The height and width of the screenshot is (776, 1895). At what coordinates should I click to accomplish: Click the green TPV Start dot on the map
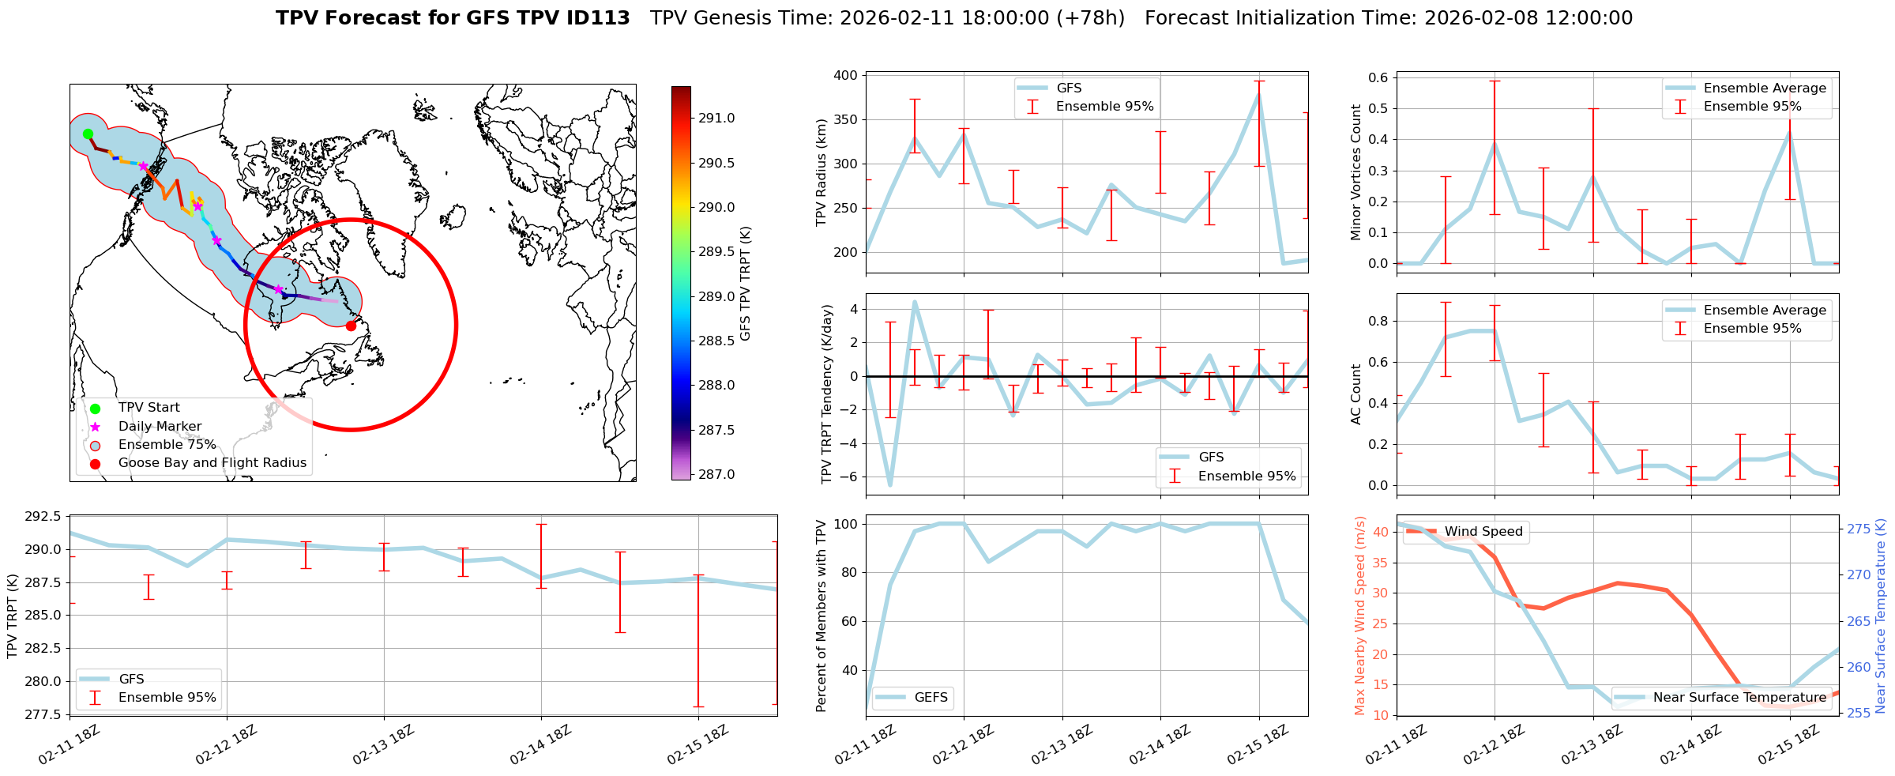pos(88,134)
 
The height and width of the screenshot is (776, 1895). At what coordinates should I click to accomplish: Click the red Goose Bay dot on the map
pos(351,326)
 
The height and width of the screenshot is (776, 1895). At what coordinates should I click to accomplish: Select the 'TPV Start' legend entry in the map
pos(149,408)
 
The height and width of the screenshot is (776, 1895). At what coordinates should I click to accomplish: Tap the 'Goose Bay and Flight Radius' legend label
pos(212,463)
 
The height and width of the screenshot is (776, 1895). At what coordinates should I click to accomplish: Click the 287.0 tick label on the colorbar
pos(716,474)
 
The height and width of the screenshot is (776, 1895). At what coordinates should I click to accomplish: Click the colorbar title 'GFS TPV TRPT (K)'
pos(745,284)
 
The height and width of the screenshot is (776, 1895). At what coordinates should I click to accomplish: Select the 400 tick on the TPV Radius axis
pos(845,76)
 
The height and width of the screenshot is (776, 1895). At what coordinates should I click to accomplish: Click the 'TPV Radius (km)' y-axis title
pos(822,172)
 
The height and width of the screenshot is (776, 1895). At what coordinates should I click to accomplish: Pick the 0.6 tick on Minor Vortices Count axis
pos(1378,77)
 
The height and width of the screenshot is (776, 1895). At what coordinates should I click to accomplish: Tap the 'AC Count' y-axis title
pos(1356,394)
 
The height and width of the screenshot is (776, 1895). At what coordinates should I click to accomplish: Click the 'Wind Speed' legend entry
pos(1483,532)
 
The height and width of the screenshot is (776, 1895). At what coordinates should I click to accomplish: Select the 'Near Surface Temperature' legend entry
pos(1739,697)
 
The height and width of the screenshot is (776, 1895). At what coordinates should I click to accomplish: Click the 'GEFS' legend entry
pos(931,697)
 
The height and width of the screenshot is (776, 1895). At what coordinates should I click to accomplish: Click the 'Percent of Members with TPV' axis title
pos(822,616)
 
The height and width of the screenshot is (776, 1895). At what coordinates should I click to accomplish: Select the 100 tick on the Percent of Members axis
pos(847,524)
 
